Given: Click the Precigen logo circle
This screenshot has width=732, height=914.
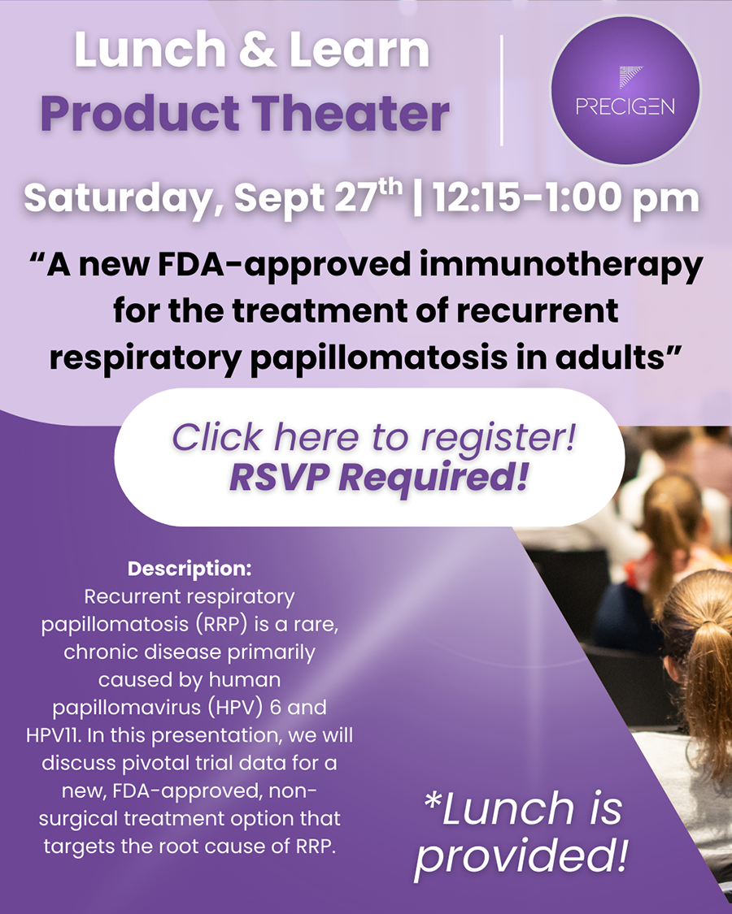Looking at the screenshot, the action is coord(625,90).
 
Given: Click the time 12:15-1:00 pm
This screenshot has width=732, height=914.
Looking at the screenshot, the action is coord(565,199).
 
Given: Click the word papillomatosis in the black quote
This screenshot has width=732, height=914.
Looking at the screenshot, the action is coord(378,358).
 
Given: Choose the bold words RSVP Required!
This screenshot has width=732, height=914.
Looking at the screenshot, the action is coord(379,479).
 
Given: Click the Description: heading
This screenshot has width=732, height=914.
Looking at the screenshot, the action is coord(190,569).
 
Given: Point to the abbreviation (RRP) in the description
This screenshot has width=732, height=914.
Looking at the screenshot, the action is coord(219,624).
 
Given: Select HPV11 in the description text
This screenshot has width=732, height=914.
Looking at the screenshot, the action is coord(54,735).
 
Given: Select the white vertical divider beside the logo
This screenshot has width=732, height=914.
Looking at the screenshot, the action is coord(502,90).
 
